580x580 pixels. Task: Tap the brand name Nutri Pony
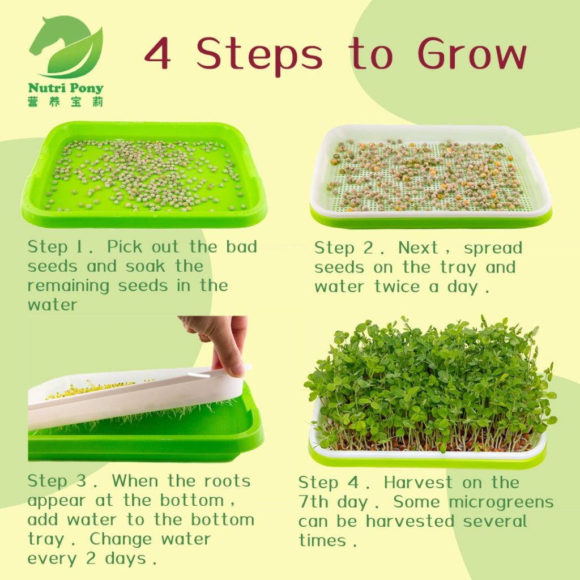coord(66,89)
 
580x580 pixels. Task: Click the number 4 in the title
coord(159,54)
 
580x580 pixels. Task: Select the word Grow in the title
coord(472,54)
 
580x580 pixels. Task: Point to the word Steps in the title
coord(259,56)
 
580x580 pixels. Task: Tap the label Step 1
coord(56,247)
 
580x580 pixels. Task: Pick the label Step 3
coord(59,481)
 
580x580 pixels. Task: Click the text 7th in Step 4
coord(314,502)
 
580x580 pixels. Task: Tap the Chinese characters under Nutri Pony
coord(66,102)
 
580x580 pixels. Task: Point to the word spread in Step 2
coord(493,248)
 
